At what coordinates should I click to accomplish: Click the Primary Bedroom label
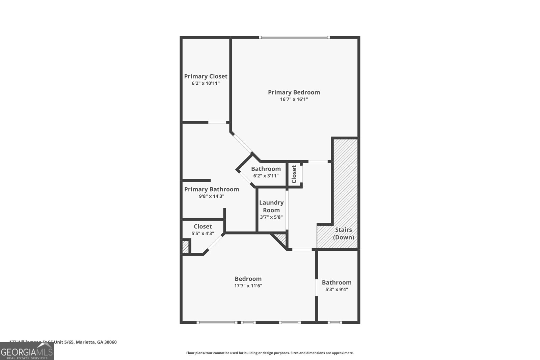(294, 92)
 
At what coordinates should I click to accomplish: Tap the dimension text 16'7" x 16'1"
(294, 100)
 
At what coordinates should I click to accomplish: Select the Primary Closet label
(206, 76)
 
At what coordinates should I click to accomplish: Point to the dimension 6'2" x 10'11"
(206, 83)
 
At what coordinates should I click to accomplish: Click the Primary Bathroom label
(211, 189)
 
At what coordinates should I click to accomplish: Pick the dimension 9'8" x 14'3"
(211, 196)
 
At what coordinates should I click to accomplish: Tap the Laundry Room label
(271, 206)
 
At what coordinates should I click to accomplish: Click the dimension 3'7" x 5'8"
(271, 217)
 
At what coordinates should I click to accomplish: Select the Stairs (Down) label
(343, 233)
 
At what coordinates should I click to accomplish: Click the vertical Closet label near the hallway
(294, 174)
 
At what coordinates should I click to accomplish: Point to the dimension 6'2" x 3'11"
(266, 176)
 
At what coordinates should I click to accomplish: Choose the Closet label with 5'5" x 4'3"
(202, 226)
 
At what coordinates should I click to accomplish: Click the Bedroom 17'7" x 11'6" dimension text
(248, 286)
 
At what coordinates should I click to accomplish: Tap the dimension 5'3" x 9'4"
(336, 289)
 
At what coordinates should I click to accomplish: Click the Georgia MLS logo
(27, 352)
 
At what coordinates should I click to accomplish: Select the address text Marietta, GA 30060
(96, 342)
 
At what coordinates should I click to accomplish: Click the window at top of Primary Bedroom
(294, 37)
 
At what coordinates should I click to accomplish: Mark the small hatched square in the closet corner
(186, 247)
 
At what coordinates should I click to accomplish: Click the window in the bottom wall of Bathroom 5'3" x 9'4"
(334, 323)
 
